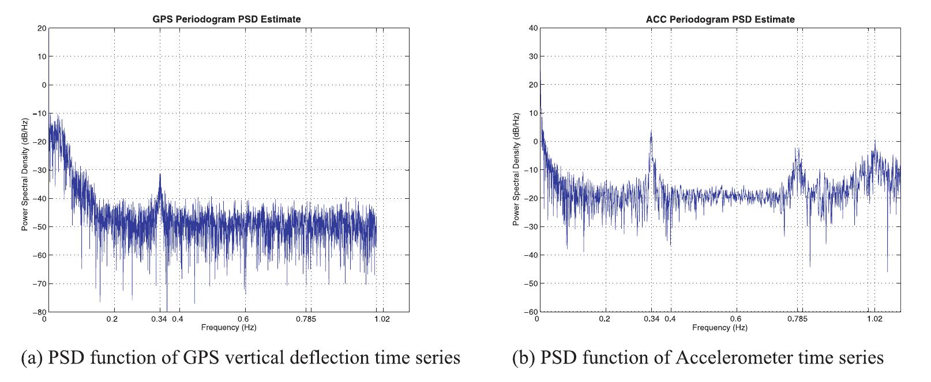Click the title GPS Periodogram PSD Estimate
tap(226, 19)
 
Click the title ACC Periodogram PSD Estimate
tap(720, 19)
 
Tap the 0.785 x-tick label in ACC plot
tap(799, 319)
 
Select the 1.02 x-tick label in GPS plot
tap(381, 319)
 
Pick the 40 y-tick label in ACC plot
tap(533, 28)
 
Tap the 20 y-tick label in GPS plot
tap(41, 28)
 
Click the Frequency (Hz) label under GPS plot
tap(228, 327)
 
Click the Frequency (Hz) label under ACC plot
tap(719, 327)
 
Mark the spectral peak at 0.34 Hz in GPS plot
tap(160, 175)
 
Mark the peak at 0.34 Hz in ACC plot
tap(651, 131)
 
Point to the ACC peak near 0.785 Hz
tap(797, 150)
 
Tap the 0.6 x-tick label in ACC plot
tap(736, 319)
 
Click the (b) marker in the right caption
tap(524, 358)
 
